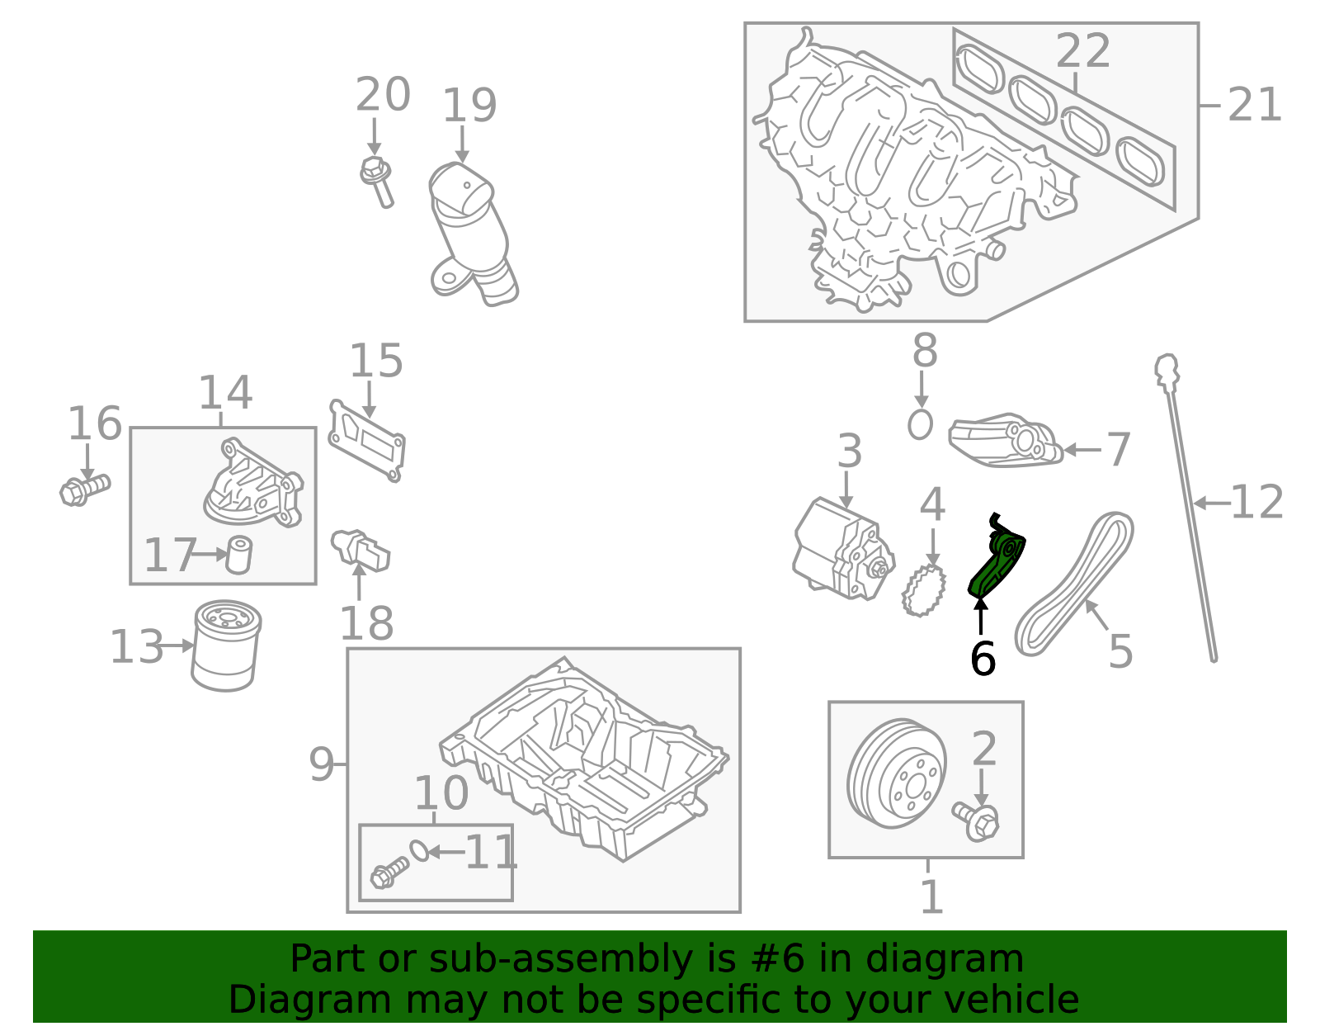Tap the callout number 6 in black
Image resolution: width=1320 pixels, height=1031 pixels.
(x=982, y=660)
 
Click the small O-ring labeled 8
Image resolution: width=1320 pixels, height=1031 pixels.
(x=920, y=424)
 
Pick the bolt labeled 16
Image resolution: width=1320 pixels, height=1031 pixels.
(x=83, y=489)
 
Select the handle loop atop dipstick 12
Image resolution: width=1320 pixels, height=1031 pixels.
(x=1166, y=368)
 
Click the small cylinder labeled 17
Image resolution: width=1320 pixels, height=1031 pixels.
(x=238, y=554)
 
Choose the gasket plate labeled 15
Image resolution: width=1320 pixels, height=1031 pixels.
(x=366, y=441)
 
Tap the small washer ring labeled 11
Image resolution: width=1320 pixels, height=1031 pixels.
(x=419, y=850)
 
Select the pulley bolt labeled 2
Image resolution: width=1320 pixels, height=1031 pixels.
(x=977, y=821)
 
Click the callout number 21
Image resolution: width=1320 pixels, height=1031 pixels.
(x=1254, y=106)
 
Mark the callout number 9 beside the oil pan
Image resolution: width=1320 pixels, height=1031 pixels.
(x=321, y=765)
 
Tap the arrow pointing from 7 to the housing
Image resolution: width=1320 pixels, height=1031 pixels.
(x=1082, y=450)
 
